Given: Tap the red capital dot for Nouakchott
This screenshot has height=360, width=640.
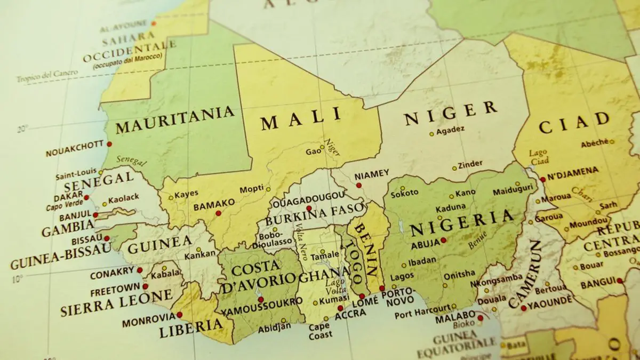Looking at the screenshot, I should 109,144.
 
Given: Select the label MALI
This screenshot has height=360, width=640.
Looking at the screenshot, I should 300,120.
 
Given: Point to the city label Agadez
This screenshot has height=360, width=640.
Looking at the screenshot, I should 451,130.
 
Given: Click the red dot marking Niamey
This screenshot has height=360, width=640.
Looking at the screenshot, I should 359,186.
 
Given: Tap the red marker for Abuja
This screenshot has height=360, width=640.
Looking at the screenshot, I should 443,240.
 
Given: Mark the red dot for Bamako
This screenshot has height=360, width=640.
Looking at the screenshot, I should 218,213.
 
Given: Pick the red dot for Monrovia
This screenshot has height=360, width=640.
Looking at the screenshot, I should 179,315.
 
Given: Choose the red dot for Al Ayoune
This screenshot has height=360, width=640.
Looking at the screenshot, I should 154,23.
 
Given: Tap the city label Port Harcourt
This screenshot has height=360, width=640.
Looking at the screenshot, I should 422,310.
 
